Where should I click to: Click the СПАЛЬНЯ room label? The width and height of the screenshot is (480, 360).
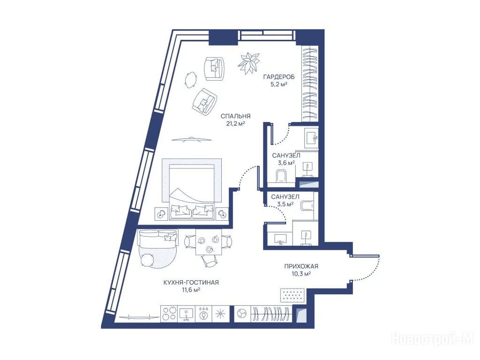[x=235, y=116]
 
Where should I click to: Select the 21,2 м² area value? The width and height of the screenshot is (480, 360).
[x=235, y=124]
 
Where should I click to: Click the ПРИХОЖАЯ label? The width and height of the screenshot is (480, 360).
[x=301, y=266]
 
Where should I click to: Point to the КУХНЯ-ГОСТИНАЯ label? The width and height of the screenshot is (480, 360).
[x=191, y=283]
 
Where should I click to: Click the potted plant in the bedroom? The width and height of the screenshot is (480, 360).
[x=248, y=62]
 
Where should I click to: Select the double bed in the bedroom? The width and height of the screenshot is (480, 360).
[x=191, y=189]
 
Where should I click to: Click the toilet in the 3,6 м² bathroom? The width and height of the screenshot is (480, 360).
[x=281, y=176]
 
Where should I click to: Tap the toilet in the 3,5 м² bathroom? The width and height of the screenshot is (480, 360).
[x=307, y=206]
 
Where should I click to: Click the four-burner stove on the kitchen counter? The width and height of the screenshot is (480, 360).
[x=169, y=314]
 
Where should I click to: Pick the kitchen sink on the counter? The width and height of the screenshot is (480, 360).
[x=186, y=314]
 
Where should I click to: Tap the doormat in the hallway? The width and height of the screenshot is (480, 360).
[x=293, y=295]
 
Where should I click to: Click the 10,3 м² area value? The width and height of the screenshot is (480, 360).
[x=301, y=274]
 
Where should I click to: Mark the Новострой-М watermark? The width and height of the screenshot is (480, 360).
[x=433, y=339]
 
